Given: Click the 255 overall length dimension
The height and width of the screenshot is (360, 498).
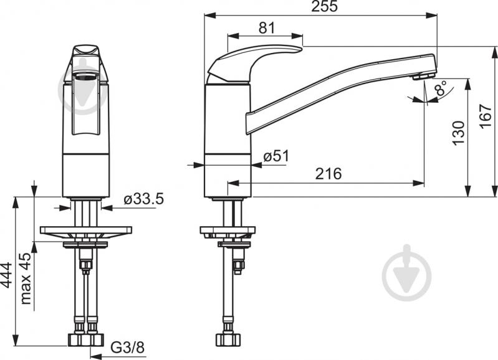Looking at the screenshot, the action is (x=324, y=6).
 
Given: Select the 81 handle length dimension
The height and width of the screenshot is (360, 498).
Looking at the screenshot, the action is (x=267, y=28).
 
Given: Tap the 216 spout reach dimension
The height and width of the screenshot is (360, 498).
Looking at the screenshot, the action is (x=328, y=174).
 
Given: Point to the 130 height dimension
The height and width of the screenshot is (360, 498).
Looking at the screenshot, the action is (x=458, y=133).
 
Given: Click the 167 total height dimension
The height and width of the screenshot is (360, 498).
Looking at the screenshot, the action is (x=486, y=116).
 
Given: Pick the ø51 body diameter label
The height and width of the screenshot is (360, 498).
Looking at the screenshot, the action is (x=276, y=156).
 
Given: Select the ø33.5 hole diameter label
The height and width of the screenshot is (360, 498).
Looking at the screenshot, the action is (x=144, y=199).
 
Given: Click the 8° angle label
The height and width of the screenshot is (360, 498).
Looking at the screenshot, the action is (x=441, y=88).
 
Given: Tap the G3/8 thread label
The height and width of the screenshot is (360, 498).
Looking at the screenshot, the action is (x=127, y=348).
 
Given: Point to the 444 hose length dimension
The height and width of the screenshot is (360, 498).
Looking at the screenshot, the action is (x=6, y=275).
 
